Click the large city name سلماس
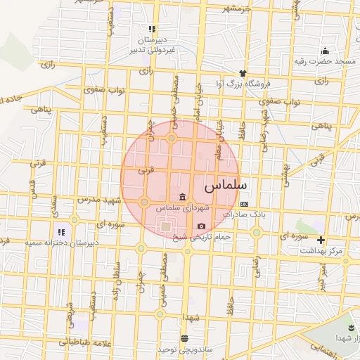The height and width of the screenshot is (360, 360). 226,188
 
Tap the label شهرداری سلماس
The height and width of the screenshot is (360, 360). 183,208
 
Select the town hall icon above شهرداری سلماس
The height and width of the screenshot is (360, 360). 183,195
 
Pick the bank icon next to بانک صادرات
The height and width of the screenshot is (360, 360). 244,203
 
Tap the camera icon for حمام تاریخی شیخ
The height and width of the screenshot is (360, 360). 202,226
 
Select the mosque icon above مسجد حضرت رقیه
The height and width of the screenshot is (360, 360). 325,51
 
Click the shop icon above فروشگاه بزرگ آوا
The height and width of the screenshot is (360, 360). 243,72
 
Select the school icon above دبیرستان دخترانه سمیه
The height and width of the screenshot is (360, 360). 61,231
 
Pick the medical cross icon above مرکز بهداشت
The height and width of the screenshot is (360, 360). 321,240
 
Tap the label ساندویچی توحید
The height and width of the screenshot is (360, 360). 184,349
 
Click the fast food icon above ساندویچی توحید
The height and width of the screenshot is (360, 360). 184,338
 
